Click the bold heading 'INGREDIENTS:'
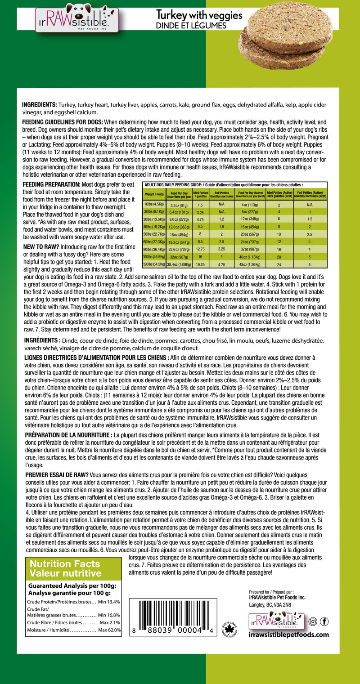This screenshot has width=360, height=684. [40, 105]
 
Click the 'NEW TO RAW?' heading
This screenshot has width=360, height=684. [40, 247]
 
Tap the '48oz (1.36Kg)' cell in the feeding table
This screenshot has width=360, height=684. [249, 264]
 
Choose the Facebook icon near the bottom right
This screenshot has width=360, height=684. [324, 622]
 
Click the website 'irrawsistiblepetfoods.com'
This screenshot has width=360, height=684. [288, 635]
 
